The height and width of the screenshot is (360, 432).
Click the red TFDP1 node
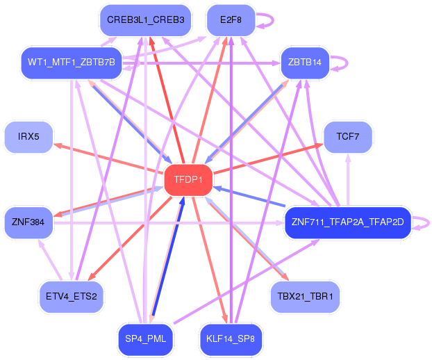188,180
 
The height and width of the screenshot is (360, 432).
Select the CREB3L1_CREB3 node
145,20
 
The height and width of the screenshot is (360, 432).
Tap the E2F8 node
231,20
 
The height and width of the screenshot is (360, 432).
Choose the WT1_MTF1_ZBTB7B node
72,63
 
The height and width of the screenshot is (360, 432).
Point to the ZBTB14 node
305,63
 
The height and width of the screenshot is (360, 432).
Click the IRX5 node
28,137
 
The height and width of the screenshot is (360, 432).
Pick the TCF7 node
348,137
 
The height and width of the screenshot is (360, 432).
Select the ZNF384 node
28,222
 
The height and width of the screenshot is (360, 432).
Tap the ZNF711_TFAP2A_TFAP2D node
348,222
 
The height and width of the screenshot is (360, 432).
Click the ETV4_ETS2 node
72,297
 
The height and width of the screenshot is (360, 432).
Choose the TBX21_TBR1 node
305,297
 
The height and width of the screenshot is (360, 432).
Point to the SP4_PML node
145,338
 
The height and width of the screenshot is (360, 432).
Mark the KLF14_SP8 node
231,338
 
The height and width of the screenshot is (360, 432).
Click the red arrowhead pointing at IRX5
57,145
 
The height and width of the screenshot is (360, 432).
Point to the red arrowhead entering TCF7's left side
319,145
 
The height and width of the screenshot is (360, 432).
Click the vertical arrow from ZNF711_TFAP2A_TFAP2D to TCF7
348,180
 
